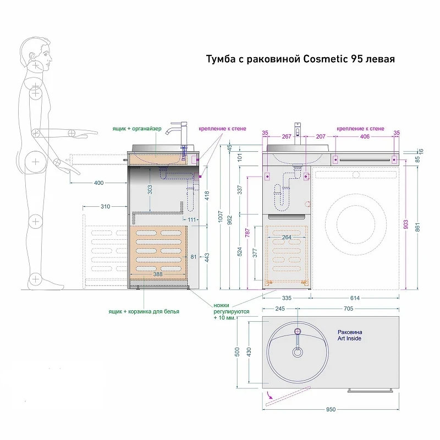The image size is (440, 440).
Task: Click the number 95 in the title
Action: coord(356,59)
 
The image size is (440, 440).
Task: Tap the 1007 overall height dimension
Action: coord(221,217)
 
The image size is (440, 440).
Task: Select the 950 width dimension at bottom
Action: coord(331,409)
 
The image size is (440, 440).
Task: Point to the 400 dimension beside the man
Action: coord(99,183)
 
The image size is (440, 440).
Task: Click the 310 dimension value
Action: coord(105,207)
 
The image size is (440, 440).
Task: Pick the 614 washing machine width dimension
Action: coord(355,298)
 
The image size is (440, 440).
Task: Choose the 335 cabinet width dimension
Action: coord(287,298)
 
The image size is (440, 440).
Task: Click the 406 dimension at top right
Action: coord(365,136)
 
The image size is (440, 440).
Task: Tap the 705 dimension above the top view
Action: coord(349,309)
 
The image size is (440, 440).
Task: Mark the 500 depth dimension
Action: coord(238,351)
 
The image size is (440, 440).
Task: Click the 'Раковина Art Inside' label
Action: coord(350,335)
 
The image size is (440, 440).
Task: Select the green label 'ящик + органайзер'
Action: coord(137,129)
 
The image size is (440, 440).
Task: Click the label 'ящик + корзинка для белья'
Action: coord(144,311)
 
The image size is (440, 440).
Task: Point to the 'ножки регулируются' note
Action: coord(232,309)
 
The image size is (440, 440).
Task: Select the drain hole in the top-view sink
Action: coord(298,352)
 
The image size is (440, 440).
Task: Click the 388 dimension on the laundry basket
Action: coord(158,274)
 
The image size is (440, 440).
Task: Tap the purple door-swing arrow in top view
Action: coord(269,395)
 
